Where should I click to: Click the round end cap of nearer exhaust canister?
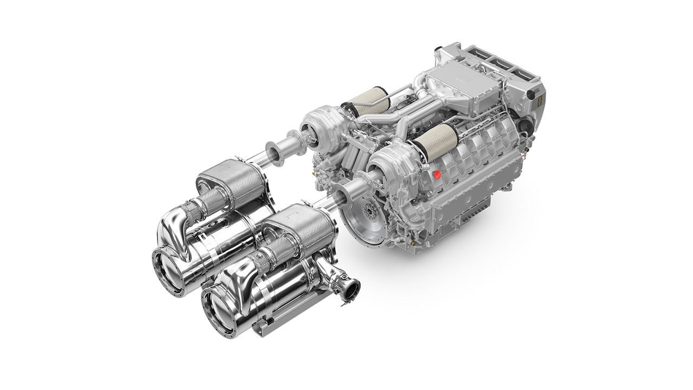(x=219, y=312)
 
